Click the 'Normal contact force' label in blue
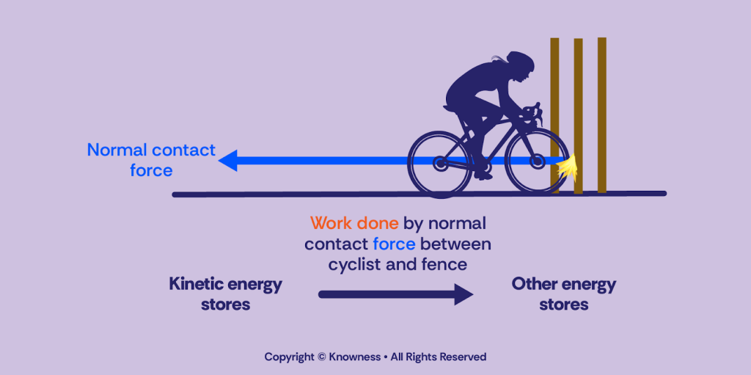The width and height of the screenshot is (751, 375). coord(151,160)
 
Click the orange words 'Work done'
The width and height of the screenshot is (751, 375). coord(354,223)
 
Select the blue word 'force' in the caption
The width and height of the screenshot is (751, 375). coord(394,244)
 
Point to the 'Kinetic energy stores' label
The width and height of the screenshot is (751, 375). coord(225,294)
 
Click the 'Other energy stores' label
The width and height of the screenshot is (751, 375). coord(563,294)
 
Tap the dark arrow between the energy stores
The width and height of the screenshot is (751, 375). coord(396,294)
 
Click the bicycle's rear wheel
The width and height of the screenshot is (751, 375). coord(440,164)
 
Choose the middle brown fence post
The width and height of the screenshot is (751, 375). coord(578,114)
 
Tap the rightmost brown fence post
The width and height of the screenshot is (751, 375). coord(601,114)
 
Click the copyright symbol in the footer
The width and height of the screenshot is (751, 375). coord(320,357)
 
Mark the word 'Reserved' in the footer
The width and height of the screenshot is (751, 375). coord(462,357)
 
